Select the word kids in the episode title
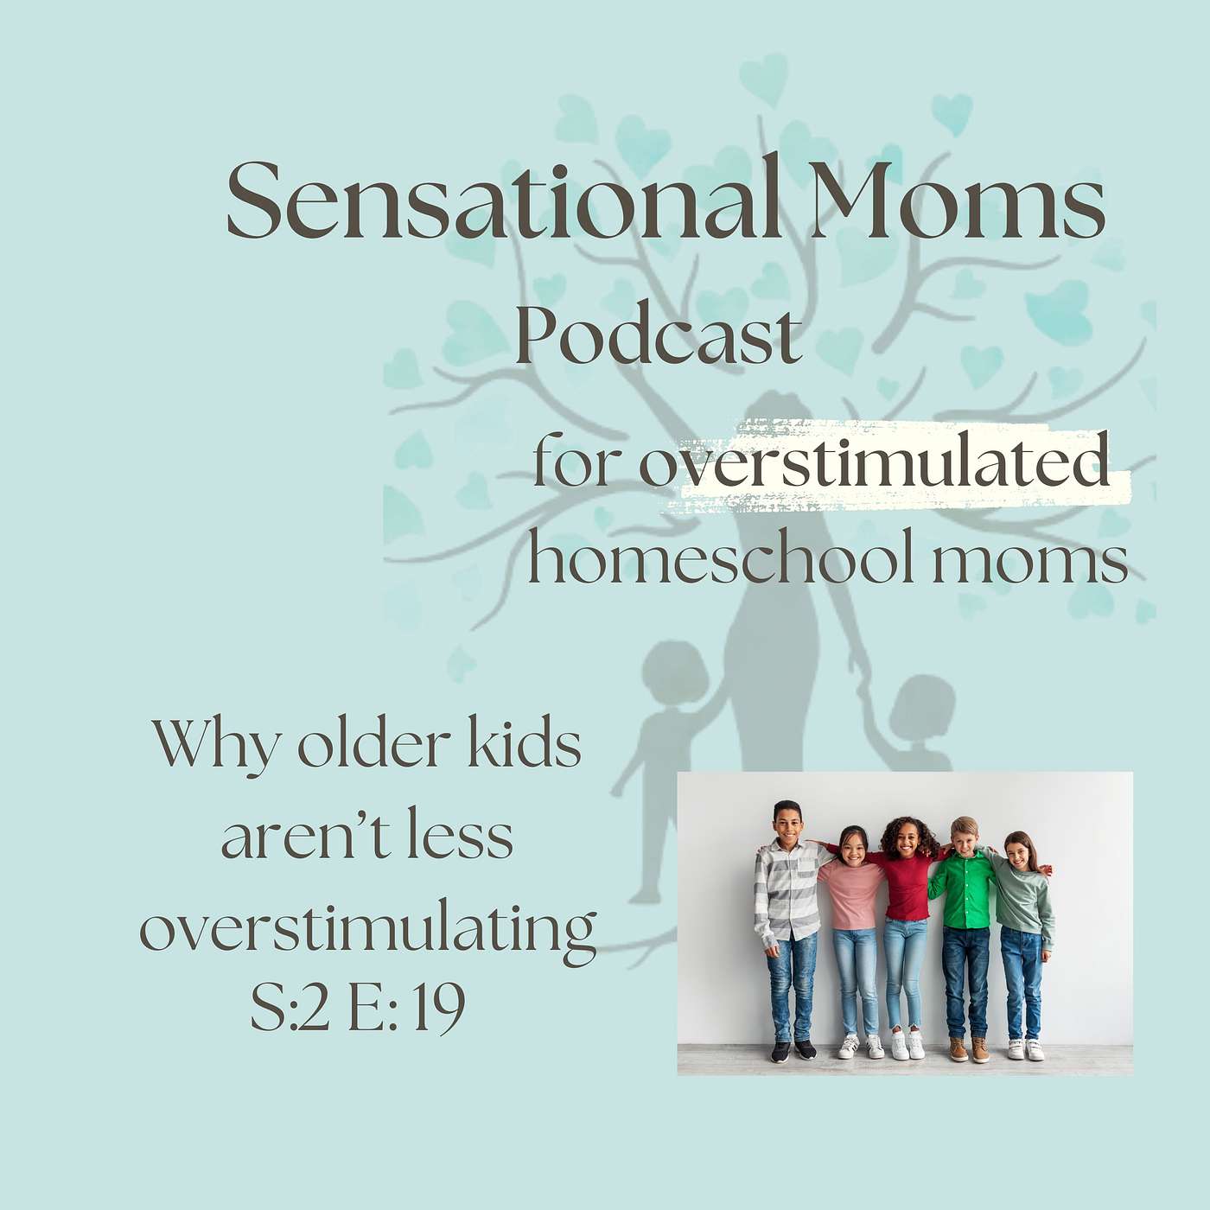tap(525, 747)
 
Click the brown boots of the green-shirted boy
tap(969, 1049)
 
